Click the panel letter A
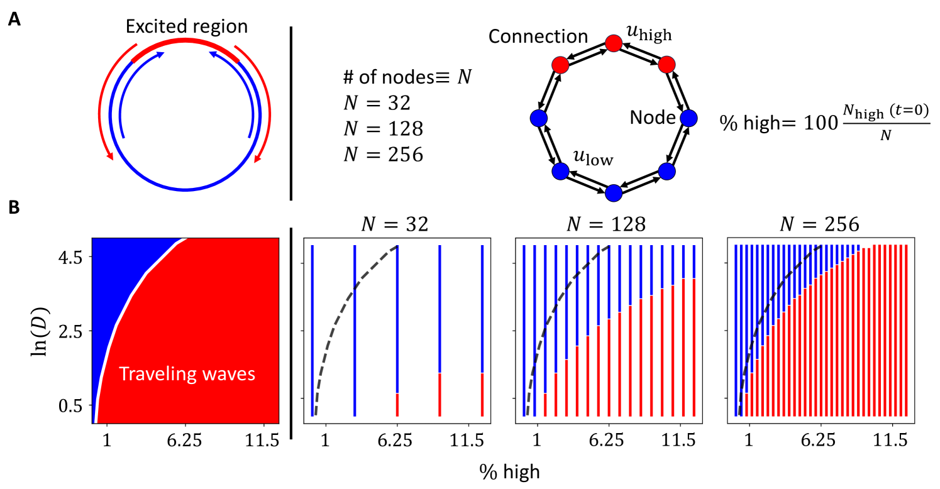tap(14, 20)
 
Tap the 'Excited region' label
tap(186, 26)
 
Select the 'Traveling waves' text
tap(187, 374)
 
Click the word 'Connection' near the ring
tap(538, 37)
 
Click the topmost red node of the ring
tap(613, 43)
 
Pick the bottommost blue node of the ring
tap(613, 192)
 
